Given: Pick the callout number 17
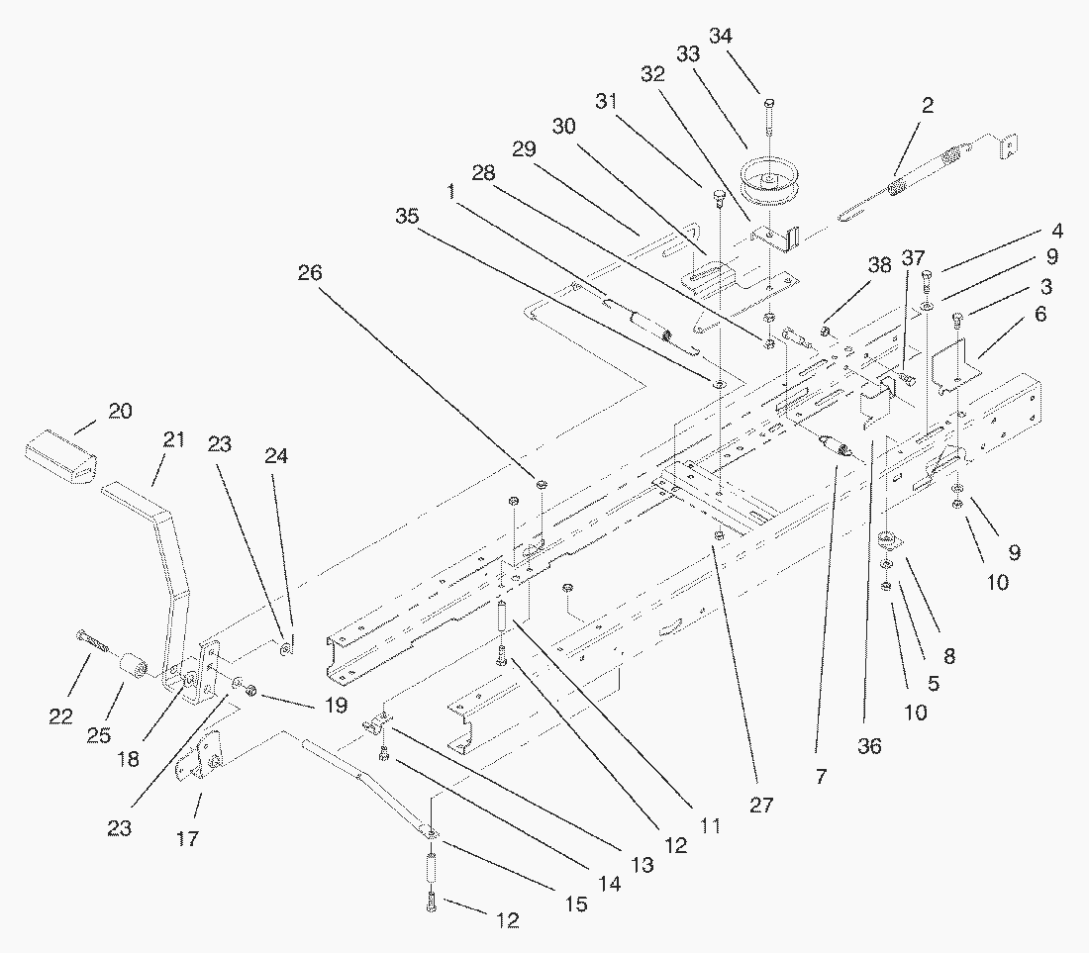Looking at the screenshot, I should click(187, 839).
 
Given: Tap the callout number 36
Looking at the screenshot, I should click(869, 747).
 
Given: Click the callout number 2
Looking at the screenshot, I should click(927, 105).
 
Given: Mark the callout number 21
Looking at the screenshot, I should click(174, 440).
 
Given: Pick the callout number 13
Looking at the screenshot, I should click(643, 864).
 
